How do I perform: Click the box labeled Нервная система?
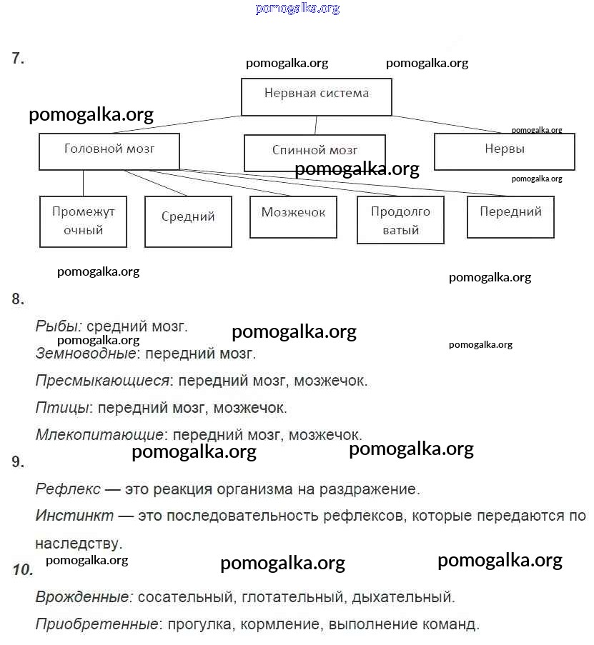[x=316, y=96]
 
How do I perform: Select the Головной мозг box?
[x=109, y=152]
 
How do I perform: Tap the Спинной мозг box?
[x=315, y=153]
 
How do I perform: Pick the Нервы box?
[x=504, y=151]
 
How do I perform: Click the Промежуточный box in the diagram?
[x=83, y=221]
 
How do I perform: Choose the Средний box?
[x=188, y=221]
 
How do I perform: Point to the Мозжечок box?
[x=293, y=216]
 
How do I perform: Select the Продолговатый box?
[x=400, y=221]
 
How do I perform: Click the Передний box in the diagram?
[x=510, y=216]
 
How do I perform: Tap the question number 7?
[x=18, y=59]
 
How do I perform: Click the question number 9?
[x=18, y=462]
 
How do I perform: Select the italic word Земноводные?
[x=85, y=354]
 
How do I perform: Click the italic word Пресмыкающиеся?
[x=102, y=381]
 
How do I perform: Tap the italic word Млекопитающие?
[x=99, y=435]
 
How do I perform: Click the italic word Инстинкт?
[x=74, y=515]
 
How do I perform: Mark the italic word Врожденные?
[x=84, y=596]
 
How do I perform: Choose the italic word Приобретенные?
[x=96, y=624]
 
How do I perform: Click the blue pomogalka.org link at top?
[x=297, y=9]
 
